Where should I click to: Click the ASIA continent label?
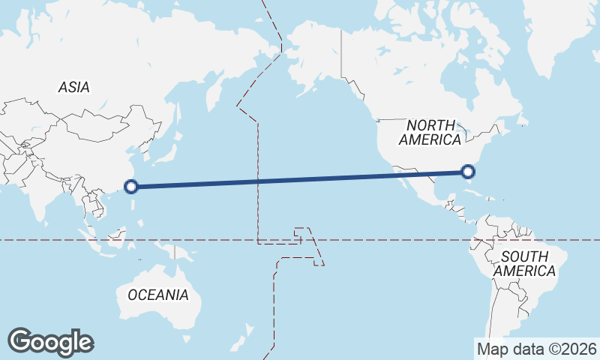(x=74, y=88)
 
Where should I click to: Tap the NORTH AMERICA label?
(x=430, y=133)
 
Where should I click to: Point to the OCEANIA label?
(x=158, y=295)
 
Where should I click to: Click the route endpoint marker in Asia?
(x=130, y=187)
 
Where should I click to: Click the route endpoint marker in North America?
(x=468, y=172)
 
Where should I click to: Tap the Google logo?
(x=50, y=342)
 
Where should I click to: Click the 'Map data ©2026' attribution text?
(x=537, y=349)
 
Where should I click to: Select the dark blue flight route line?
(x=300, y=179)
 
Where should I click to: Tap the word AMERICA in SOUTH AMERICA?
(x=525, y=271)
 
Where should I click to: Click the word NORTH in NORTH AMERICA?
(x=430, y=125)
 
